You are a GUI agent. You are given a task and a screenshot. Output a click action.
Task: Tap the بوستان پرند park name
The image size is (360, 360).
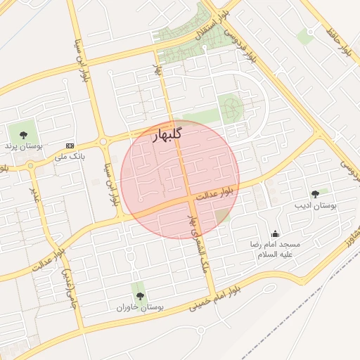24,146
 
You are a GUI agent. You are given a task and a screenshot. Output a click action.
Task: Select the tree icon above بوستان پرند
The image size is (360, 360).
23,133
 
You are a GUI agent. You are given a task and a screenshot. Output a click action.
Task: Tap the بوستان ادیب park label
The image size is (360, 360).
314,205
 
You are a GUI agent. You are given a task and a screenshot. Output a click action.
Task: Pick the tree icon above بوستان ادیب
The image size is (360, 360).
314,193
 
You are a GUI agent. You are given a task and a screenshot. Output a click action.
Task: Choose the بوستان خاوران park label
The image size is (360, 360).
140,308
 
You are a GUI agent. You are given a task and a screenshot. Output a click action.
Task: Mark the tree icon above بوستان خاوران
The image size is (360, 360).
140,296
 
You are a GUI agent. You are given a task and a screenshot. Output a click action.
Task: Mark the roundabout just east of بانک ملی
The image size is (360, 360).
104,141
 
